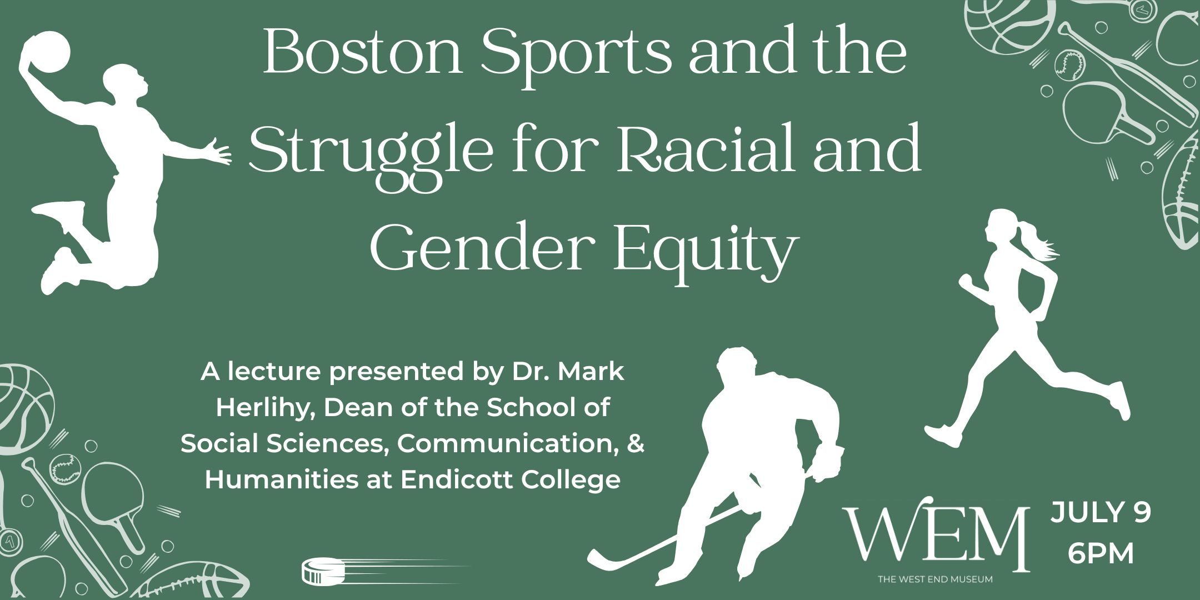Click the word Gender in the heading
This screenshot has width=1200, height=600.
click(482, 247)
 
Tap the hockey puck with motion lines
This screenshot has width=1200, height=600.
click(323, 571)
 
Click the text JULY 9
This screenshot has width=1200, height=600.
click(1101, 512)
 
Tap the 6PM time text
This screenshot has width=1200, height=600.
click(1101, 553)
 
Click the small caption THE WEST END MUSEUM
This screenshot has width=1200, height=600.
click(935, 579)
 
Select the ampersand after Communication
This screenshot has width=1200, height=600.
click(636, 443)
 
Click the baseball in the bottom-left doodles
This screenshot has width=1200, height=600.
click(65, 468)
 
